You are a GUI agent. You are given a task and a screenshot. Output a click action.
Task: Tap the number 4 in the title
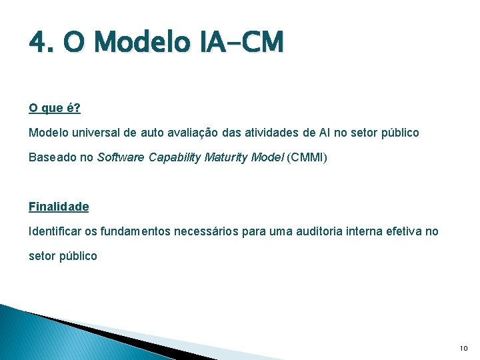tap(37, 43)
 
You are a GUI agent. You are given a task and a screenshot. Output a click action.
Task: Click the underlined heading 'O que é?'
tap(55, 108)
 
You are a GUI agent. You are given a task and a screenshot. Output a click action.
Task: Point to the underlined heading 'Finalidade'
tap(59, 207)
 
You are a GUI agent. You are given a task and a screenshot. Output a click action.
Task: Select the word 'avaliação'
tap(193, 133)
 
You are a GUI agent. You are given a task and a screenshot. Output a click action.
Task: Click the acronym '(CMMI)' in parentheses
tap(307, 157)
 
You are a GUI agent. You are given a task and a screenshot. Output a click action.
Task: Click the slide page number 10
tap(464, 348)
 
